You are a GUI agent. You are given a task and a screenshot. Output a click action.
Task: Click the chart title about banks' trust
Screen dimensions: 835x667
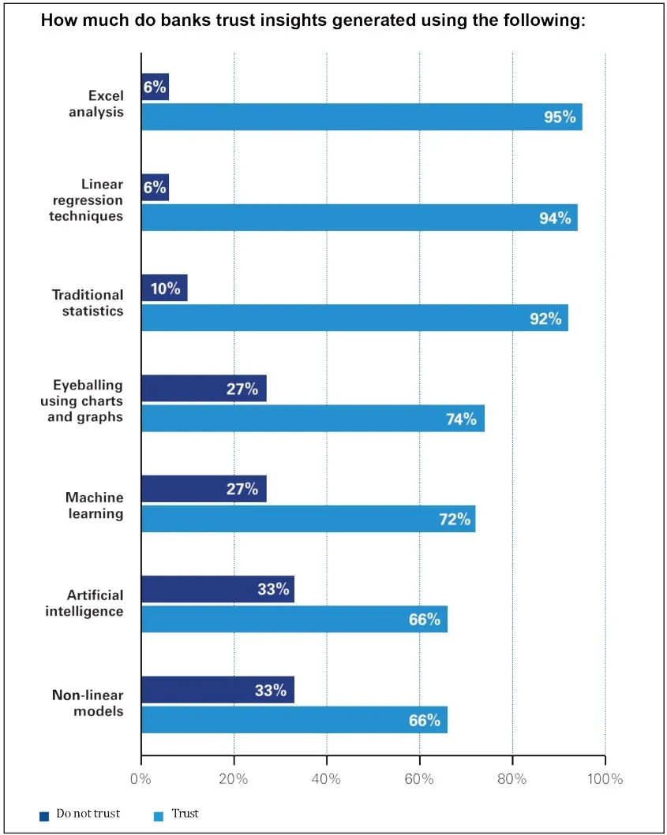coord(313,21)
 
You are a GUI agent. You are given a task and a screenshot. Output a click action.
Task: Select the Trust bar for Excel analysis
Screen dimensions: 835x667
coord(362,117)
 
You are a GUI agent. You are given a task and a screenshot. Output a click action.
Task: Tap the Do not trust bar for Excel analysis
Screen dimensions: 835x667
coord(155,87)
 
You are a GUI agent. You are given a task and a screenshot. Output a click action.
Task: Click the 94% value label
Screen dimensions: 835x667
coord(554,218)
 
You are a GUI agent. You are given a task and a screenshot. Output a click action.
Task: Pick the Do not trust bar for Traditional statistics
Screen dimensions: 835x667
coord(164,288)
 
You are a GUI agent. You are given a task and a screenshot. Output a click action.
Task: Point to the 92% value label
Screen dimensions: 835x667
coord(545,319)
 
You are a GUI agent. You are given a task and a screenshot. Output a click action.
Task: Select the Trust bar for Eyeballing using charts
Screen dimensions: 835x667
coord(313,419)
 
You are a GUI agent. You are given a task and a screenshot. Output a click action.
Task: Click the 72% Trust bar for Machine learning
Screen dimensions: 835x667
coord(308,519)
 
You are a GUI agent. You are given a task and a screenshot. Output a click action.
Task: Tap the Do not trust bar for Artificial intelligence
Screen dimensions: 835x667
coord(218,589)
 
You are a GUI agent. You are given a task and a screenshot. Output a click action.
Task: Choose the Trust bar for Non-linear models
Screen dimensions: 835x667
coord(294,720)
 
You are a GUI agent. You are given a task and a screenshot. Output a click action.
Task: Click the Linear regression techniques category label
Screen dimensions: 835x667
coord(88,200)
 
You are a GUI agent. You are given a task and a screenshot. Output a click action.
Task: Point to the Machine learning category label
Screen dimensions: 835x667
coord(94,505)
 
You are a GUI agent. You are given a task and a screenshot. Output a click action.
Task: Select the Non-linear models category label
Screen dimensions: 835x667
coord(88,703)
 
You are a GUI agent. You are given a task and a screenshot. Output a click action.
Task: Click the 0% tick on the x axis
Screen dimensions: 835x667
coord(141,779)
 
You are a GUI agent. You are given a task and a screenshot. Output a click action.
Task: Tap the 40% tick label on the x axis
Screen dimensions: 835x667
coord(326,779)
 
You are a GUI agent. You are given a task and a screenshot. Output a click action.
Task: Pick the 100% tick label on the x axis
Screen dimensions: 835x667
coord(604,779)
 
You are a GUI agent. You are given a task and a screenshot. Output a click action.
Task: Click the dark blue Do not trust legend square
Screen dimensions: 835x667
coord(44,815)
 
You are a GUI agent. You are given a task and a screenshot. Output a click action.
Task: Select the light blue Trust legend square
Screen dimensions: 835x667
coord(158,815)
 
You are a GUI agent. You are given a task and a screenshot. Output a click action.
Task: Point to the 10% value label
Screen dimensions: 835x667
coord(165,289)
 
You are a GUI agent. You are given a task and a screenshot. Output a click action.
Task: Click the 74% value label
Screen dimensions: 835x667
coord(460,419)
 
